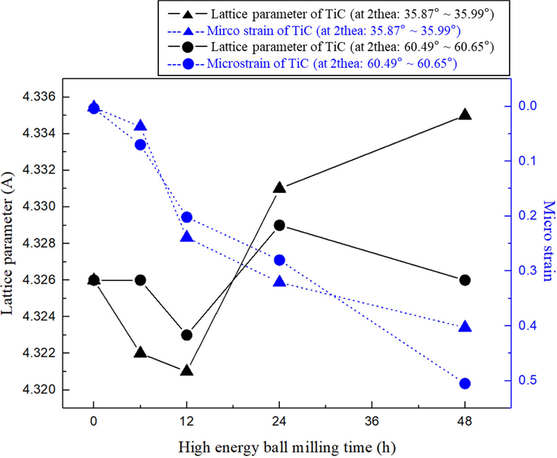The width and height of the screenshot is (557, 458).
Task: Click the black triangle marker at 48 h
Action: (465, 115)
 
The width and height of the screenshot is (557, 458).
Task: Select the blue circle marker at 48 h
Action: (465, 383)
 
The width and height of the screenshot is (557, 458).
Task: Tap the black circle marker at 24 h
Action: (279, 225)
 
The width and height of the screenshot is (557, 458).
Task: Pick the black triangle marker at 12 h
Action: (187, 370)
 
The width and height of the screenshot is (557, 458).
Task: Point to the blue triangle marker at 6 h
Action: (140, 126)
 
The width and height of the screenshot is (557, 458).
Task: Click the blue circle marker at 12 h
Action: (187, 217)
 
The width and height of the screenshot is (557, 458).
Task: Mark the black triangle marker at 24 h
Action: (279, 188)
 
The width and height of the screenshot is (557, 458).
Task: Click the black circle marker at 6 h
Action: (140, 280)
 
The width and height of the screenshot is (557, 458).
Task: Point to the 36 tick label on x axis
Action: (372, 421)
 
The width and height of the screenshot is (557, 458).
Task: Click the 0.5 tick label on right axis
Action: (527, 381)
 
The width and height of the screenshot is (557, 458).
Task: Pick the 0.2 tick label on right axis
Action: (527, 216)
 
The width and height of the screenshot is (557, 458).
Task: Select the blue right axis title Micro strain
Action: (548, 241)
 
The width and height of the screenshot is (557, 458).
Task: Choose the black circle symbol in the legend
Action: (188, 47)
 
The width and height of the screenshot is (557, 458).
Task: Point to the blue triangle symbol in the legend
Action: (188, 31)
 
